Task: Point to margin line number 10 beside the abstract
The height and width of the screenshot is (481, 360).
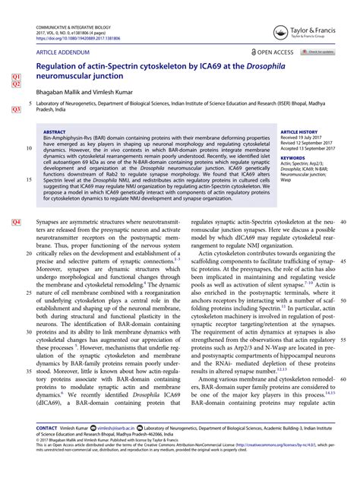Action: pyautogui.click(x=29, y=149)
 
